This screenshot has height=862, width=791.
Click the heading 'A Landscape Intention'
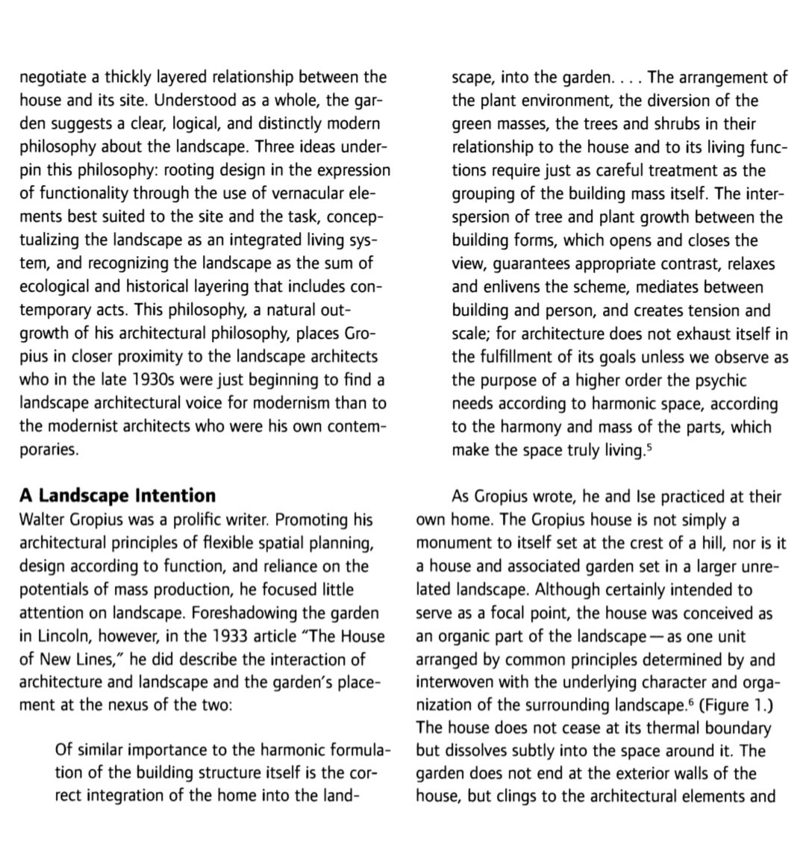[117, 496]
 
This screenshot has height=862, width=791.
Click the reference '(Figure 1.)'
[736, 705]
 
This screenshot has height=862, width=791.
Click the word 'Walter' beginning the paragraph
[43, 519]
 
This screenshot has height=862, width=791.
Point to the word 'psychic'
[718, 380]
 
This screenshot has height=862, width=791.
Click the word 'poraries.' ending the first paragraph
[49, 450]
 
